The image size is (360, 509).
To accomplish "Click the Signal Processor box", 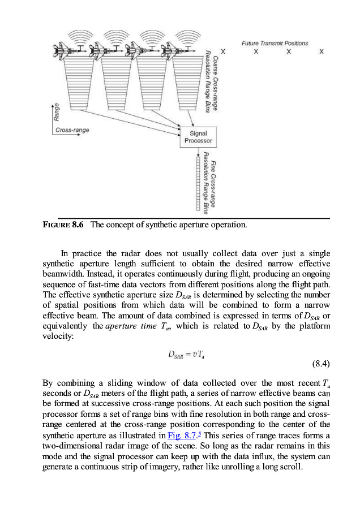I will coord(198,137).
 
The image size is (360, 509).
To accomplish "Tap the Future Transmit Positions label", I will coord(275,43).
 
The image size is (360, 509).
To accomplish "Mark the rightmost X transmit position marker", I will coord(321,51).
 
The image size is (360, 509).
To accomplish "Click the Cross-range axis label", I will coord(72,130).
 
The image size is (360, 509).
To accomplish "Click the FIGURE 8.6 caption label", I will coord(63,225).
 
